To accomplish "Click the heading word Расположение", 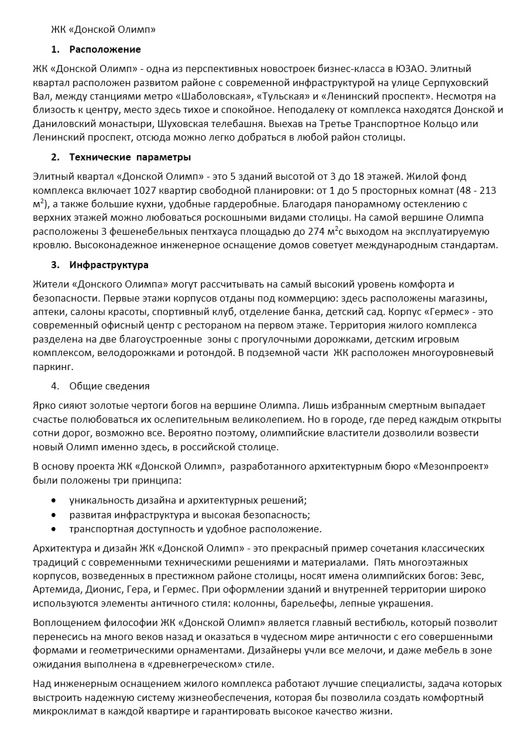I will click(x=105, y=49).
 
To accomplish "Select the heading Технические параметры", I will click(x=130, y=157).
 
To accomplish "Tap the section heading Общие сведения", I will click(x=109, y=386).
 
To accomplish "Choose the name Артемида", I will click(x=58, y=589).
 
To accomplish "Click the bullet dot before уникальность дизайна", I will click(x=54, y=501).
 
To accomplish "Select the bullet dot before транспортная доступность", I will click(x=54, y=529).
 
